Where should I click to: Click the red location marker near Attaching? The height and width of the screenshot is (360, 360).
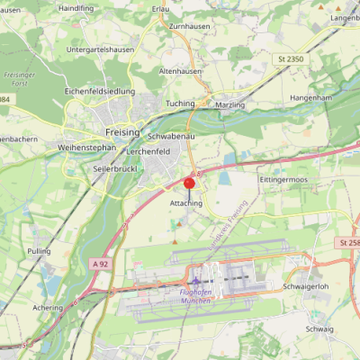[x=189, y=184]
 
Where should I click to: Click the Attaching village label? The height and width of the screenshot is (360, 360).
[x=186, y=204]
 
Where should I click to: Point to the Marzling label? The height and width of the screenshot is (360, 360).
[x=230, y=104]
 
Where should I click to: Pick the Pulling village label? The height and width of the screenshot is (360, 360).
[x=40, y=251]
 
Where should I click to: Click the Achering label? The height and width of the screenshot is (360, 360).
[x=47, y=307]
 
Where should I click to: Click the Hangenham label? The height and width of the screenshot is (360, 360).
[x=312, y=97]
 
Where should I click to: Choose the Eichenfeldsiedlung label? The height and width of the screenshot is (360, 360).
[x=100, y=92]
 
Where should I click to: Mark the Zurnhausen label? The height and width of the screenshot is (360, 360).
[x=189, y=27]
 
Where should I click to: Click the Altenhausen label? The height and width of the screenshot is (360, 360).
[x=181, y=70]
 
